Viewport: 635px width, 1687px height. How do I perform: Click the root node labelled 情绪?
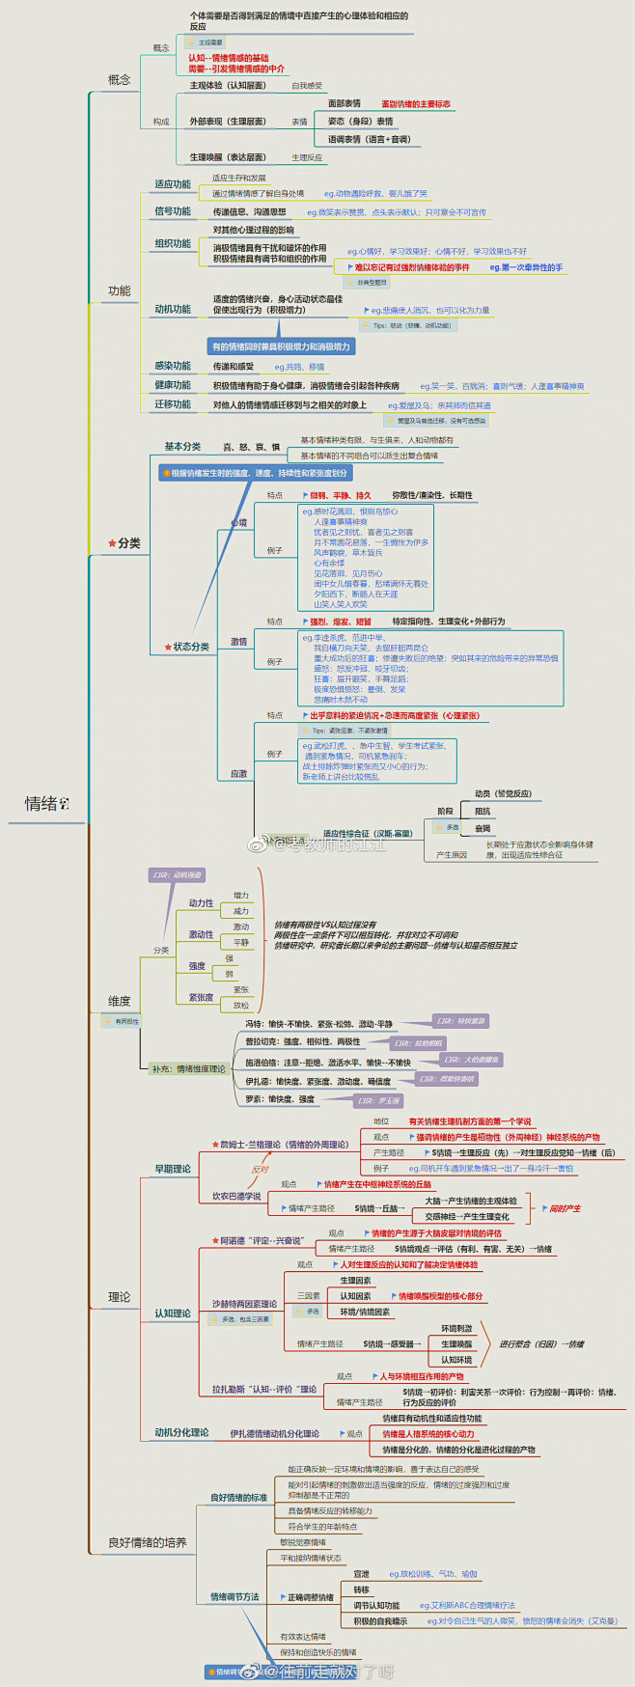[x=41, y=804]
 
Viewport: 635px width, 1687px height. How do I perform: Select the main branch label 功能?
[x=119, y=290]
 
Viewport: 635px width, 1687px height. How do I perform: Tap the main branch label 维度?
[x=119, y=1001]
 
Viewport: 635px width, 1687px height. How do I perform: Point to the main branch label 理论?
[x=119, y=1296]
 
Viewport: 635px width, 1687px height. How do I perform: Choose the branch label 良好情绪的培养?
[x=147, y=1542]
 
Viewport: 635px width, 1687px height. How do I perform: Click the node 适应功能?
[x=173, y=184]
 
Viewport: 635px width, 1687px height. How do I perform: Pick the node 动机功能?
[x=173, y=309]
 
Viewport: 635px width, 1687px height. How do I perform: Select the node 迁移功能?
[x=173, y=404]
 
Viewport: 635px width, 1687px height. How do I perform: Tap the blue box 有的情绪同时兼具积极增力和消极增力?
[x=281, y=346]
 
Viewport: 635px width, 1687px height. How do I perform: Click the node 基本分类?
[x=182, y=447]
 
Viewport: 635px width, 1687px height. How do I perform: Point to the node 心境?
[x=238, y=523]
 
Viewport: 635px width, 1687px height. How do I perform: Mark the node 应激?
[x=238, y=773]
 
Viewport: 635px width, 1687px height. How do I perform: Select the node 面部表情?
[x=345, y=103]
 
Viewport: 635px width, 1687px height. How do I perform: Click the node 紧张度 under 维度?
[x=201, y=997]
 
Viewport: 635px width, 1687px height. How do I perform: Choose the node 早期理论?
[x=173, y=1169]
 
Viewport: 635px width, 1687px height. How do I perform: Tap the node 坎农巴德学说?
[x=236, y=1196]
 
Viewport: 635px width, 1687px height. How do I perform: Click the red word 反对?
[x=260, y=1170]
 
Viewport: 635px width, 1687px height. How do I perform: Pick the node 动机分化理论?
[x=181, y=1432]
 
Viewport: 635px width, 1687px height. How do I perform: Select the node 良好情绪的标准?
[x=238, y=1498]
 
